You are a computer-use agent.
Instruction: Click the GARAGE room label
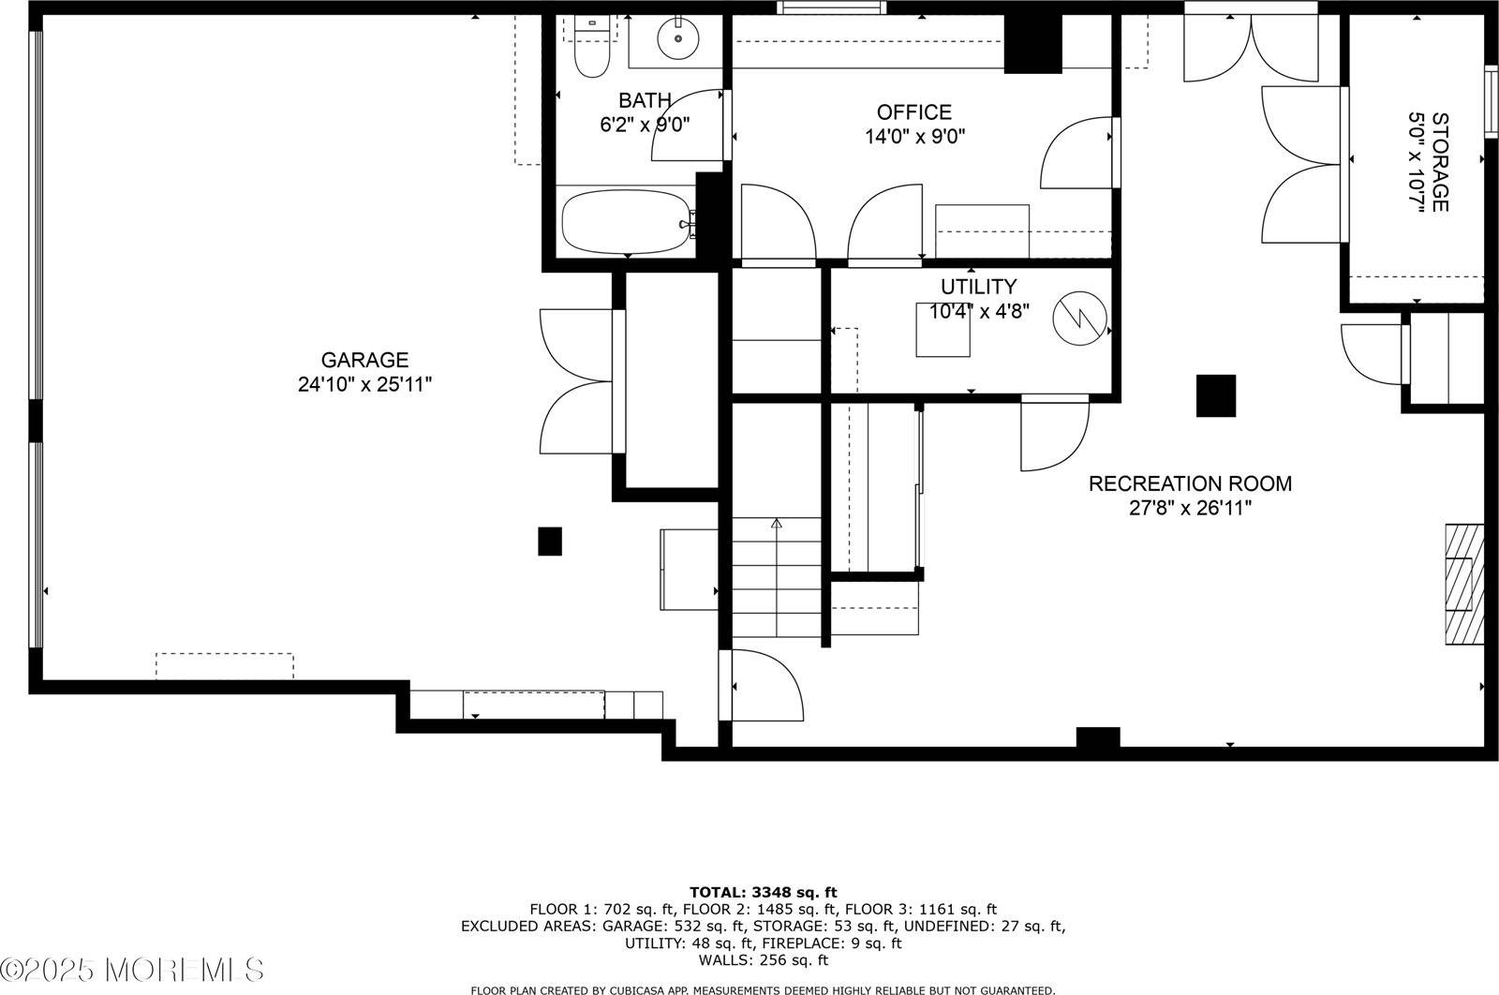364,360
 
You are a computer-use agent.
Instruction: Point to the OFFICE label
914,112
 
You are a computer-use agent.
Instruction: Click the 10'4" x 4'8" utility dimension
979,311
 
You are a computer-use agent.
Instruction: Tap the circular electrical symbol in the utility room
1079,319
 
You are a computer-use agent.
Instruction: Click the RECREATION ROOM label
1190,483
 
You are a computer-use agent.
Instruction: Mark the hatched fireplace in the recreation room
1463,584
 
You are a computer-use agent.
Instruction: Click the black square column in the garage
549,542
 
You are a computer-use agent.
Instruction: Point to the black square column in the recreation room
1215,395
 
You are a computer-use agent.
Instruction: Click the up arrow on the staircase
776,524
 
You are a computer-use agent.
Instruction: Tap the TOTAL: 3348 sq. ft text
763,892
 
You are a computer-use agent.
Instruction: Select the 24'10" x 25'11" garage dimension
364,384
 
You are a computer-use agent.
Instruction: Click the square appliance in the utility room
943,330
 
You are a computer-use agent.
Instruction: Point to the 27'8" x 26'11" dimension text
1190,508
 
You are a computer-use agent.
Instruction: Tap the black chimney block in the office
1032,44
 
